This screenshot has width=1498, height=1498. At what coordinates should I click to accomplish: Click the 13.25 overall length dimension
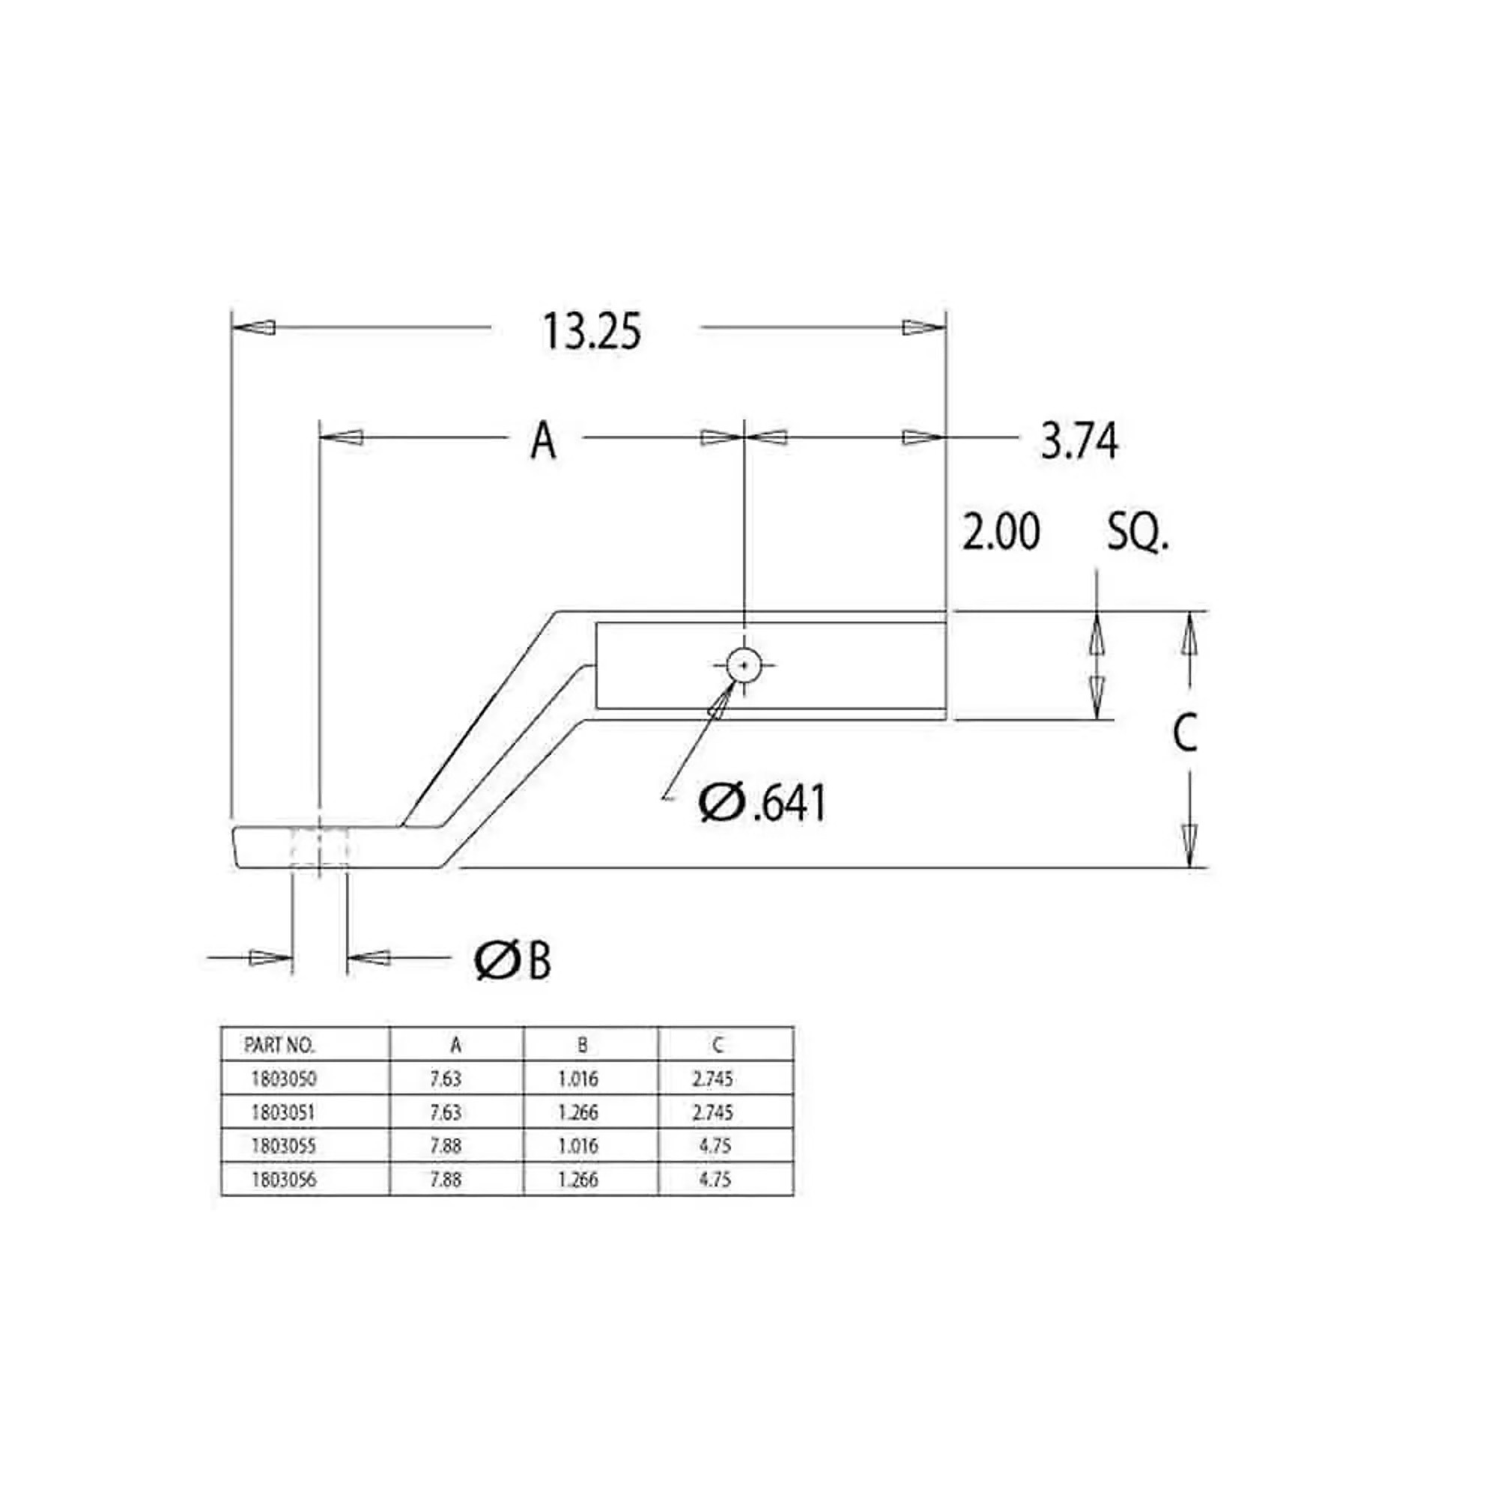pyautogui.click(x=592, y=332)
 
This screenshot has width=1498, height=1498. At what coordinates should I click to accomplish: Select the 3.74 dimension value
pyautogui.click(x=1079, y=442)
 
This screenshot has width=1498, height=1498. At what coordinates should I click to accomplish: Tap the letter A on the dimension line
pyautogui.click(x=544, y=441)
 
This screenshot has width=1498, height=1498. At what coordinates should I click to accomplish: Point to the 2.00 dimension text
pyautogui.click(x=1001, y=532)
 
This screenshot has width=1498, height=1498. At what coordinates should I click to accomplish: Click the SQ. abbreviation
pyautogui.click(x=1138, y=533)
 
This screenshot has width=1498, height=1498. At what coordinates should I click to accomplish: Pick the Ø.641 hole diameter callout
pyautogui.click(x=762, y=802)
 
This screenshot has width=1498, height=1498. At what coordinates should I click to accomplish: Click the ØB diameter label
pyautogui.click(x=512, y=962)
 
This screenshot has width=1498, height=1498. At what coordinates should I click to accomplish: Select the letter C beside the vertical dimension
pyautogui.click(x=1185, y=733)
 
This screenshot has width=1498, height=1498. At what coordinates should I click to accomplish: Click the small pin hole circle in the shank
pyautogui.click(x=744, y=664)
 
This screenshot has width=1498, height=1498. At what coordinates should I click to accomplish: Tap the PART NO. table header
pyautogui.click(x=279, y=1045)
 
